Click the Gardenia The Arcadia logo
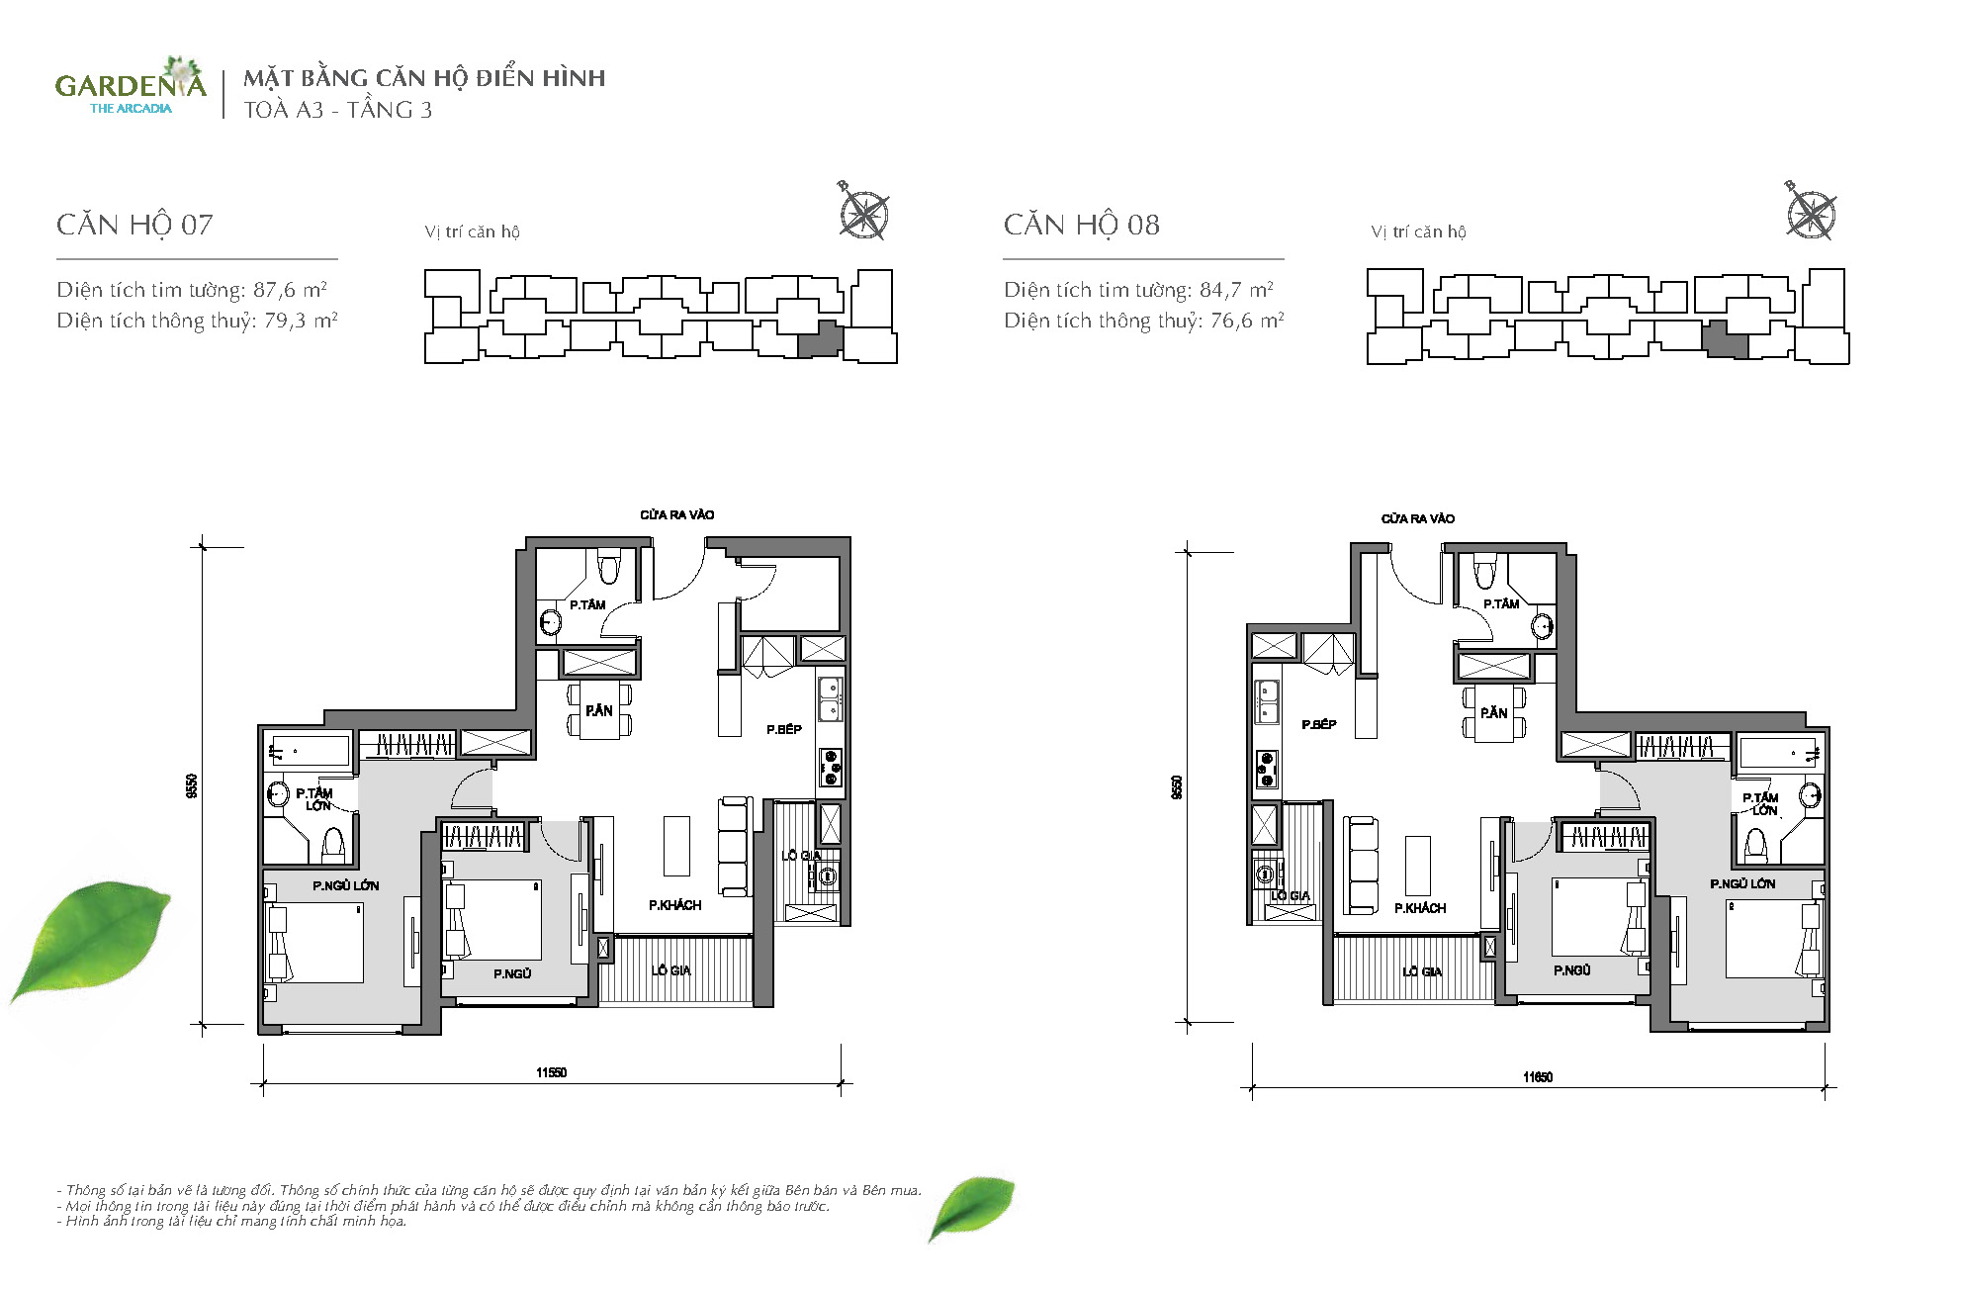[x=131, y=87]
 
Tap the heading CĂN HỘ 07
[x=134, y=225]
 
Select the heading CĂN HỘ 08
[x=1082, y=225]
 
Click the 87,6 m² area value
[x=290, y=290]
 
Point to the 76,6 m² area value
[x=1247, y=321]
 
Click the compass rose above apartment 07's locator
[x=862, y=213]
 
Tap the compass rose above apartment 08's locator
[x=1810, y=213]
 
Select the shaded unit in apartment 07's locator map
[x=820, y=339]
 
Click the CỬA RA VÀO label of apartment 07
[x=676, y=514]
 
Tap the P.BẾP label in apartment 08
[x=1319, y=724]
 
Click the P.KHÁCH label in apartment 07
[x=675, y=905]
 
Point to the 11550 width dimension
[x=552, y=1072]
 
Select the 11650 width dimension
[x=1538, y=1077]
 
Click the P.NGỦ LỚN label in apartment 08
[x=1742, y=883]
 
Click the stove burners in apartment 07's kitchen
[x=831, y=768]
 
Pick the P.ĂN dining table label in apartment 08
[x=1493, y=712]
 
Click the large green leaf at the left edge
[x=91, y=940]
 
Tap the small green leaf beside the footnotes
[x=971, y=1208]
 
